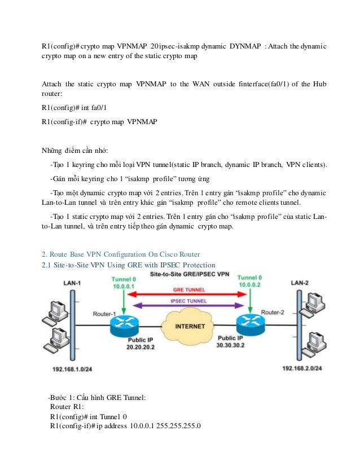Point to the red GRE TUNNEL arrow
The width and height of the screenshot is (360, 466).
[x=186, y=293]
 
